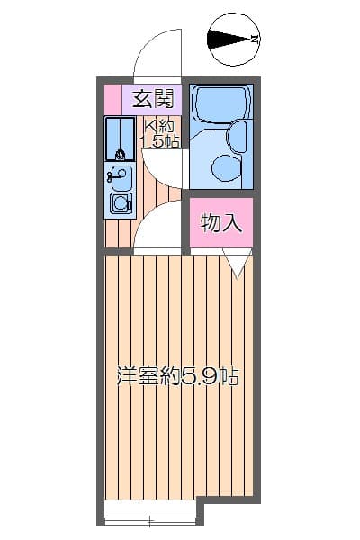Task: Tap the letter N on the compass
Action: pyautogui.click(x=256, y=39)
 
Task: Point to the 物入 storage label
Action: pyautogui.click(x=220, y=223)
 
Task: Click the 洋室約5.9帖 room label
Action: pyautogui.click(x=177, y=377)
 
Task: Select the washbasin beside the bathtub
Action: pyautogui.click(x=237, y=138)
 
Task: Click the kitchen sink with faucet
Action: pyautogui.click(x=120, y=176)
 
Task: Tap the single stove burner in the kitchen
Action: pyautogui.click(x=120, y=204)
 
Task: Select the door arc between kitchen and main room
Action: pyautogui.click(x=160, y=225)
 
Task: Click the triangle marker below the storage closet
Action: pyautogui.click(x=237, y=263)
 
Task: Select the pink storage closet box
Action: pyautogui.click(x=220, y=223)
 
